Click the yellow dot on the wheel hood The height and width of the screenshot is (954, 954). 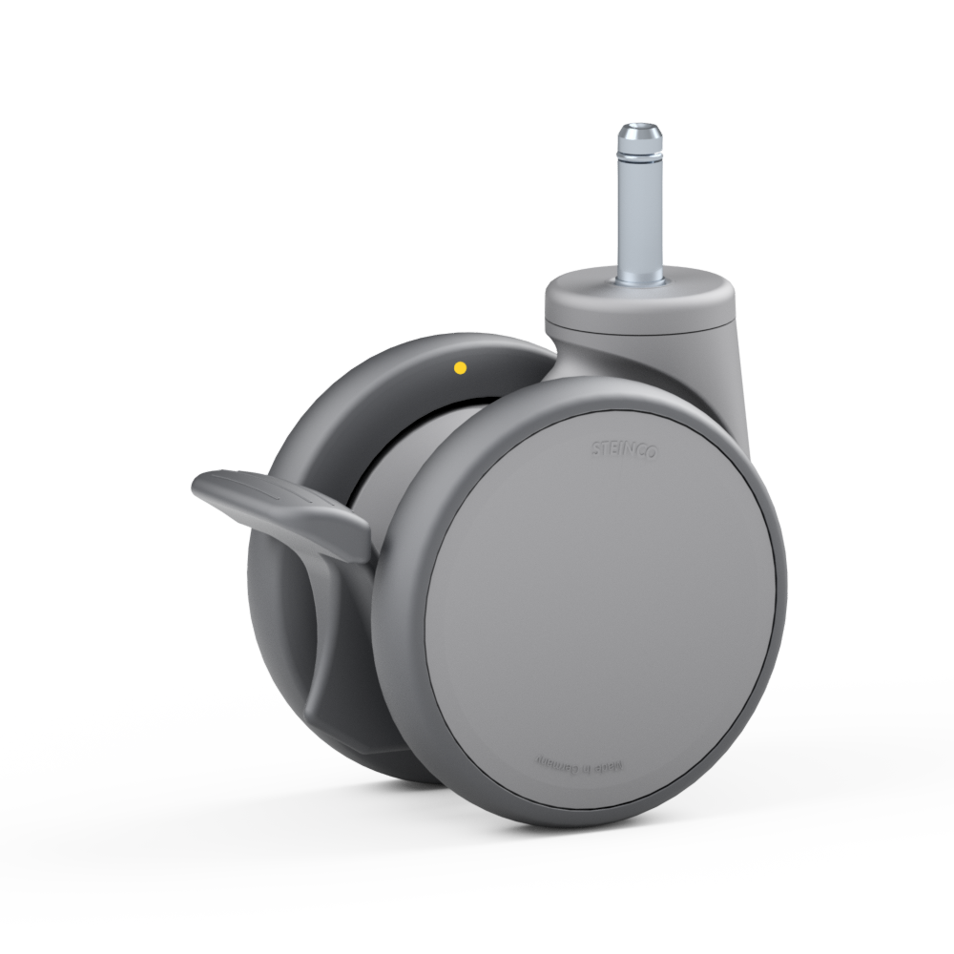click(x=460, y=366)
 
